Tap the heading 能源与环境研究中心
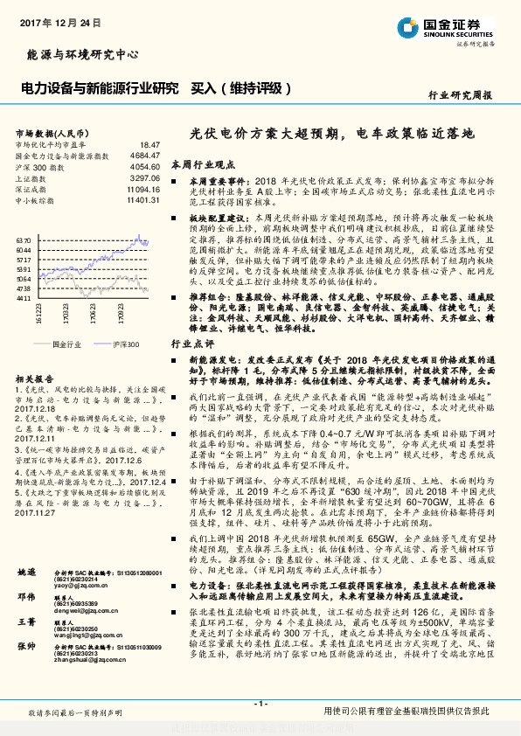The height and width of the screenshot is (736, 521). tap(78, 55)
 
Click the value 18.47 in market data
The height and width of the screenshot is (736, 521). tap(149, 143)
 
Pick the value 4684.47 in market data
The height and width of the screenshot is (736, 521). tap(145, 155)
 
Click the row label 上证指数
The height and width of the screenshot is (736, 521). tap(33, 177)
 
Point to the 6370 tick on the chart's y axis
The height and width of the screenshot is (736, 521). tap(24, 238)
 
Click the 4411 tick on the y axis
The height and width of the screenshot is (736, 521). tap(24, 298)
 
